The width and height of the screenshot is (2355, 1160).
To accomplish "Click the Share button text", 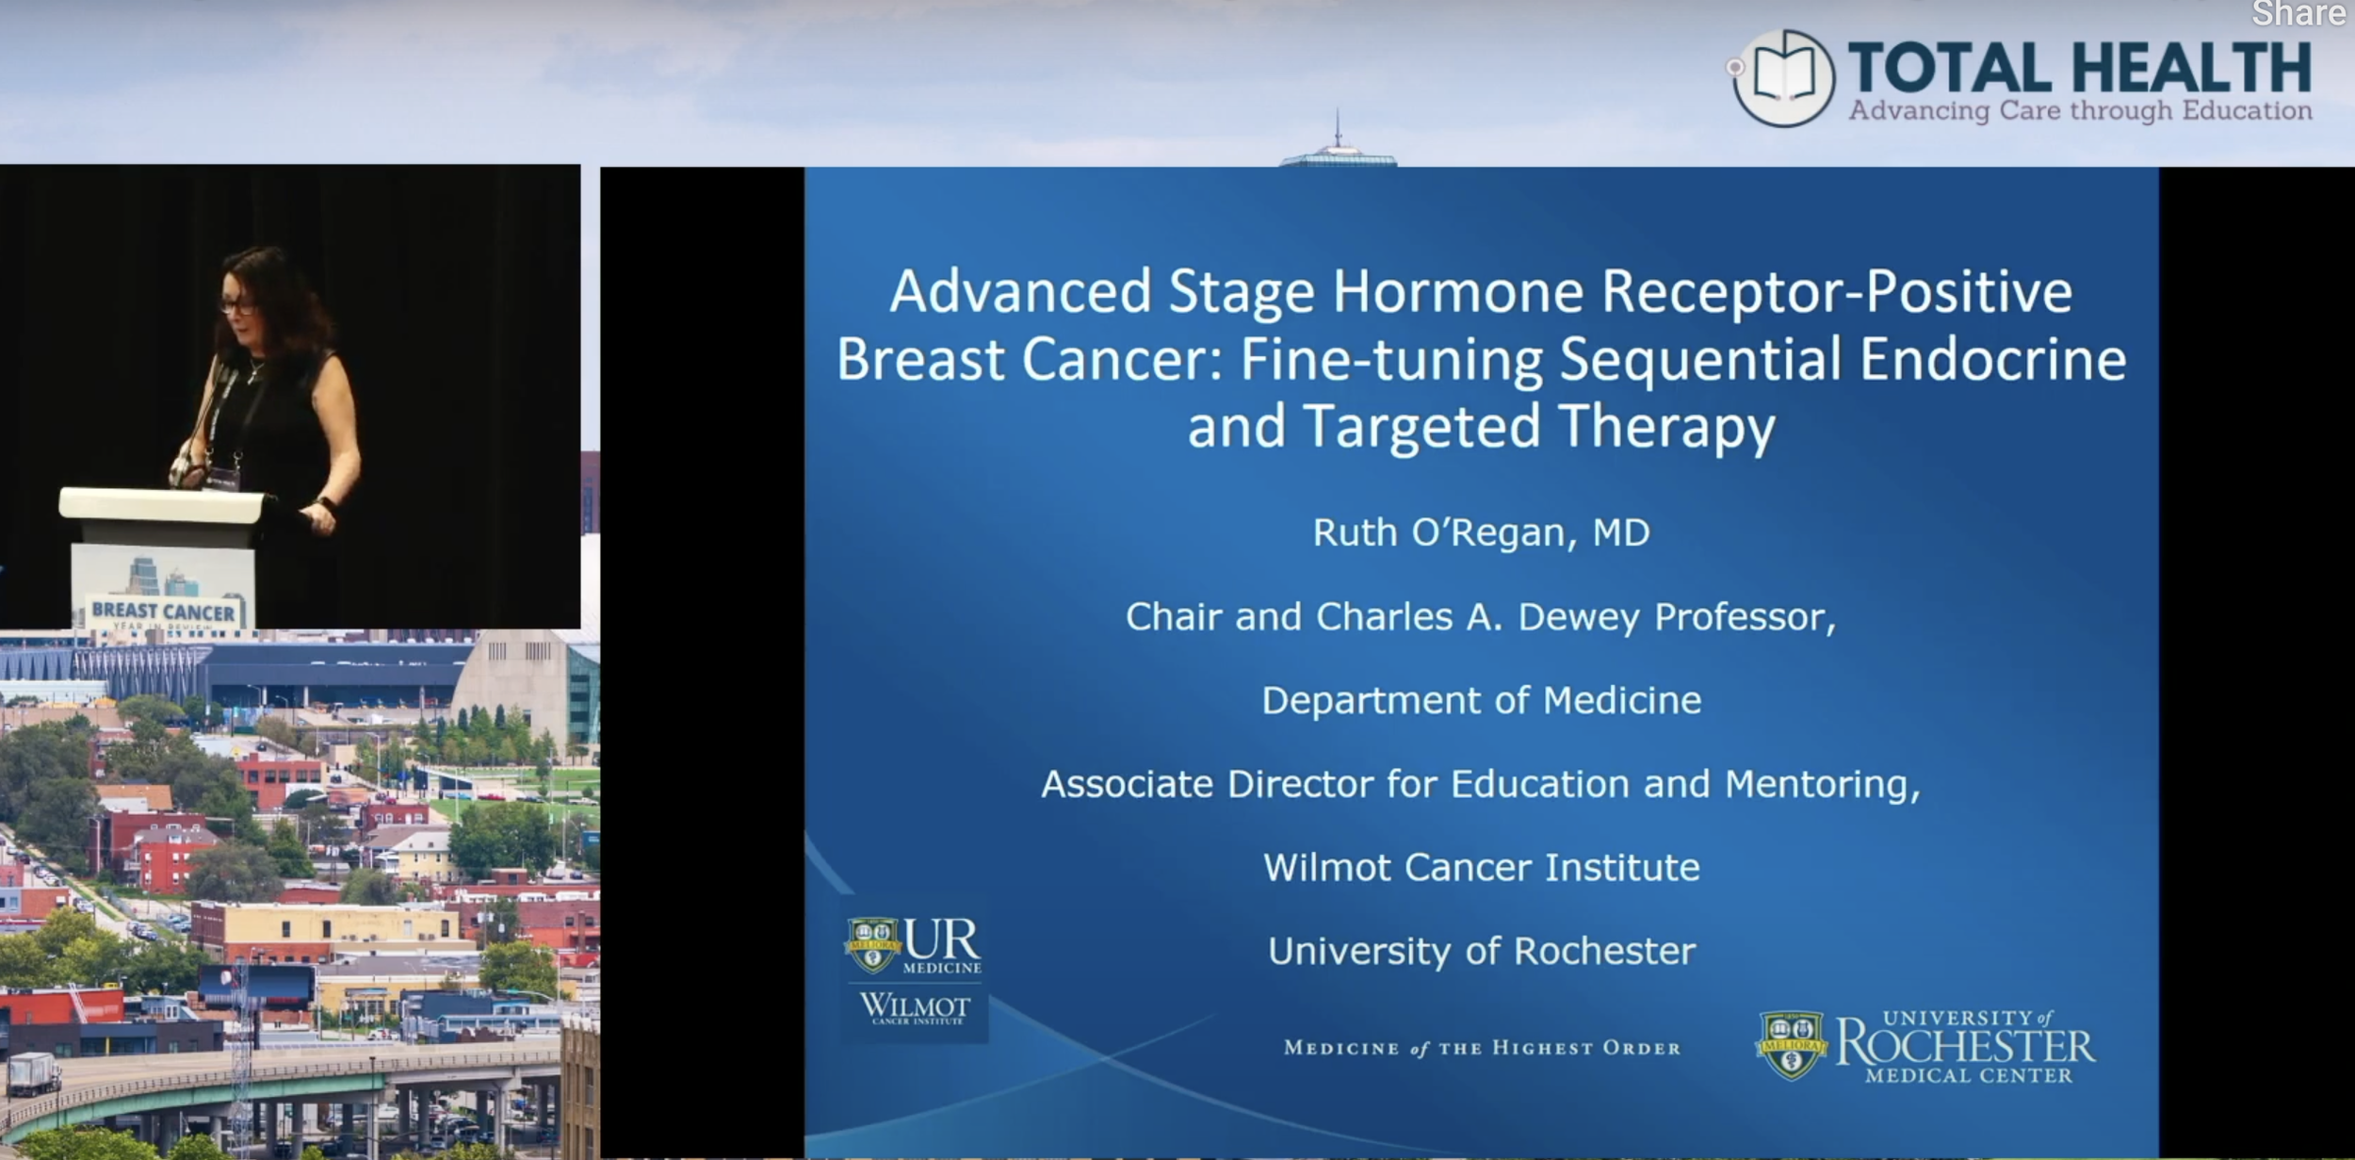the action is (x=2298, y=13).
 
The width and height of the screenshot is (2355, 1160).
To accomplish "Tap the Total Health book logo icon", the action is (x=1782, y=78).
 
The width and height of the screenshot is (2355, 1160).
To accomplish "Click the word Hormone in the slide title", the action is (x=1457, y=291).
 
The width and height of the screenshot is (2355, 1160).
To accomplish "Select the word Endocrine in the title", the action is (x=1992, y=359).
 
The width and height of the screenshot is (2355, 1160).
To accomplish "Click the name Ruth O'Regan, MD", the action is (x=1481, y=532).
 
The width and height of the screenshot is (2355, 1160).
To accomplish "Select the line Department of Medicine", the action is (x=1481, y=700).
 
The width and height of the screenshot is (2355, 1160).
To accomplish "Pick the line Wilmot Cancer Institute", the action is (x=1481, y=867).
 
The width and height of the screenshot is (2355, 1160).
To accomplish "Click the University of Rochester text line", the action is (x=1481, y=951).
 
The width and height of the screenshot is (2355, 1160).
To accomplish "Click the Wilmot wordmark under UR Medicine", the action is (x=914, y=1008).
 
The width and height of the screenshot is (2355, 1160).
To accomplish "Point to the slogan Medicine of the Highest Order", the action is (x=1482, y=1048).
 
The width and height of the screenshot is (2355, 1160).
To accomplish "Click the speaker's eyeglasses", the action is (x=237, y=305).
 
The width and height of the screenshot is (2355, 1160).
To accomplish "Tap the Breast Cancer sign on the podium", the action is (x=163, y=613).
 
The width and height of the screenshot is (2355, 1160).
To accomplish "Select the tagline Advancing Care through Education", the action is (x=2080, y=111).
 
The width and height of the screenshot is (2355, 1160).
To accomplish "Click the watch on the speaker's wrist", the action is (x=327, y=505).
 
